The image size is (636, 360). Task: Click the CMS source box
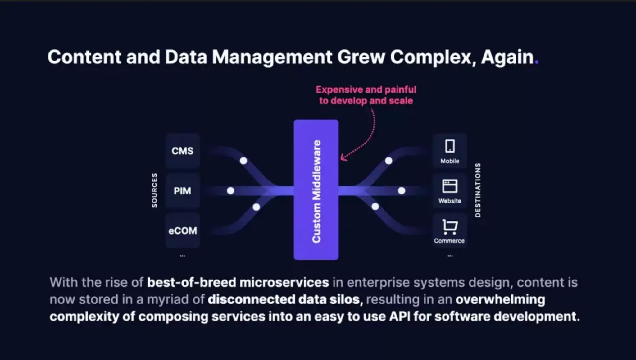click(183, 151)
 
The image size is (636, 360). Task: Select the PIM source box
click(183, 191)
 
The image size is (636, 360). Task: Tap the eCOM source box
click(183, 230)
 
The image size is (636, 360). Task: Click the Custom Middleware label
click(316, 191)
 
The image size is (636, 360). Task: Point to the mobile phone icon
click(450, 146)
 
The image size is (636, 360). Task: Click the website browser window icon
click(450, 186)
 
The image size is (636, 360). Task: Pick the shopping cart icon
click(450, 227)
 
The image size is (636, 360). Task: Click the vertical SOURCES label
click(154, 190)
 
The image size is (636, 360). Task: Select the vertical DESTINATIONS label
click(478, 190)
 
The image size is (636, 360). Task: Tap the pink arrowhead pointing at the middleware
click(343, 158)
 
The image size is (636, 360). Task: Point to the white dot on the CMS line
click(243, 161)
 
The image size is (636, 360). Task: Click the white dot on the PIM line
click(230, 191)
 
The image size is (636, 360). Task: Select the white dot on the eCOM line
click(256, 207)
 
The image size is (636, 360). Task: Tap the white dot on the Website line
click(402, 191)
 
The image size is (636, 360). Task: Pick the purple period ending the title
click(537, 62)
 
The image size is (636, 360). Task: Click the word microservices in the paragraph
click(284, 283)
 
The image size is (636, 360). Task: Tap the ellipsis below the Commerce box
click(450, 256)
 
